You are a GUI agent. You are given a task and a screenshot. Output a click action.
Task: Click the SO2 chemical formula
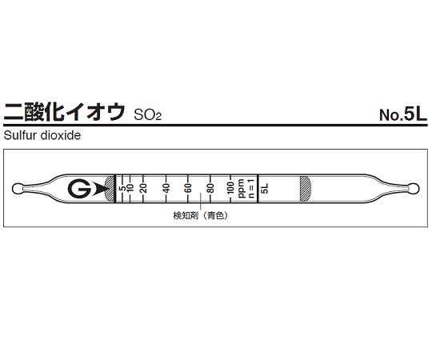point(146,115)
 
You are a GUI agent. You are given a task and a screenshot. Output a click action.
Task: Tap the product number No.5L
point(403,114)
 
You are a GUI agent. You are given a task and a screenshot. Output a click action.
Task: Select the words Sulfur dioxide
point(43,136)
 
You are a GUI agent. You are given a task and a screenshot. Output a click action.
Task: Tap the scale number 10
point(130,189)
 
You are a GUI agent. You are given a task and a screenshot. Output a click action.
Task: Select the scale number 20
point(143,189)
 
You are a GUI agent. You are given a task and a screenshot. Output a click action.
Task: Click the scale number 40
point(166,189)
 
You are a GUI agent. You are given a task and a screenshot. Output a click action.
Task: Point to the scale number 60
point(189,189)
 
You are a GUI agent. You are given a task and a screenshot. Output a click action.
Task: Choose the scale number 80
point(210,189)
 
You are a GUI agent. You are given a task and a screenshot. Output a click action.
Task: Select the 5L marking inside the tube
point(266,189)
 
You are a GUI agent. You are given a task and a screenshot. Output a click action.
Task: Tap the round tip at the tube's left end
point(19,190)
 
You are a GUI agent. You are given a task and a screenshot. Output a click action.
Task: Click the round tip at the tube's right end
point(413,190)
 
